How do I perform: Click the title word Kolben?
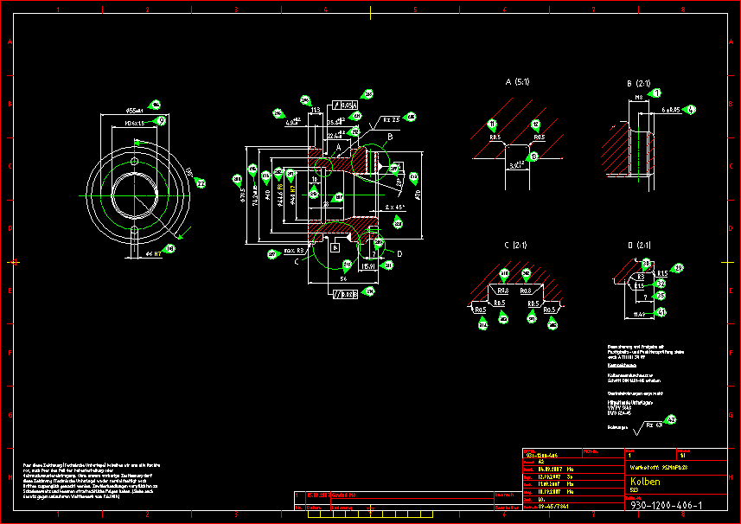[x=645, y=481]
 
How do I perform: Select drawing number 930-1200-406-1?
[x=666, y=505]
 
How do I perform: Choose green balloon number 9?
[x=161, y=121]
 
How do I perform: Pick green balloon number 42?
[x=671, y=420]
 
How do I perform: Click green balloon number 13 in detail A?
[x=533, y=156]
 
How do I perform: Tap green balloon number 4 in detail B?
[x=691, y=110]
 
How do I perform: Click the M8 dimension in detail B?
[x=639, y=99]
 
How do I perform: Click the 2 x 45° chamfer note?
[x=395, y=208]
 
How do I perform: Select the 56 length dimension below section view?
[x=342, y=278]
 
